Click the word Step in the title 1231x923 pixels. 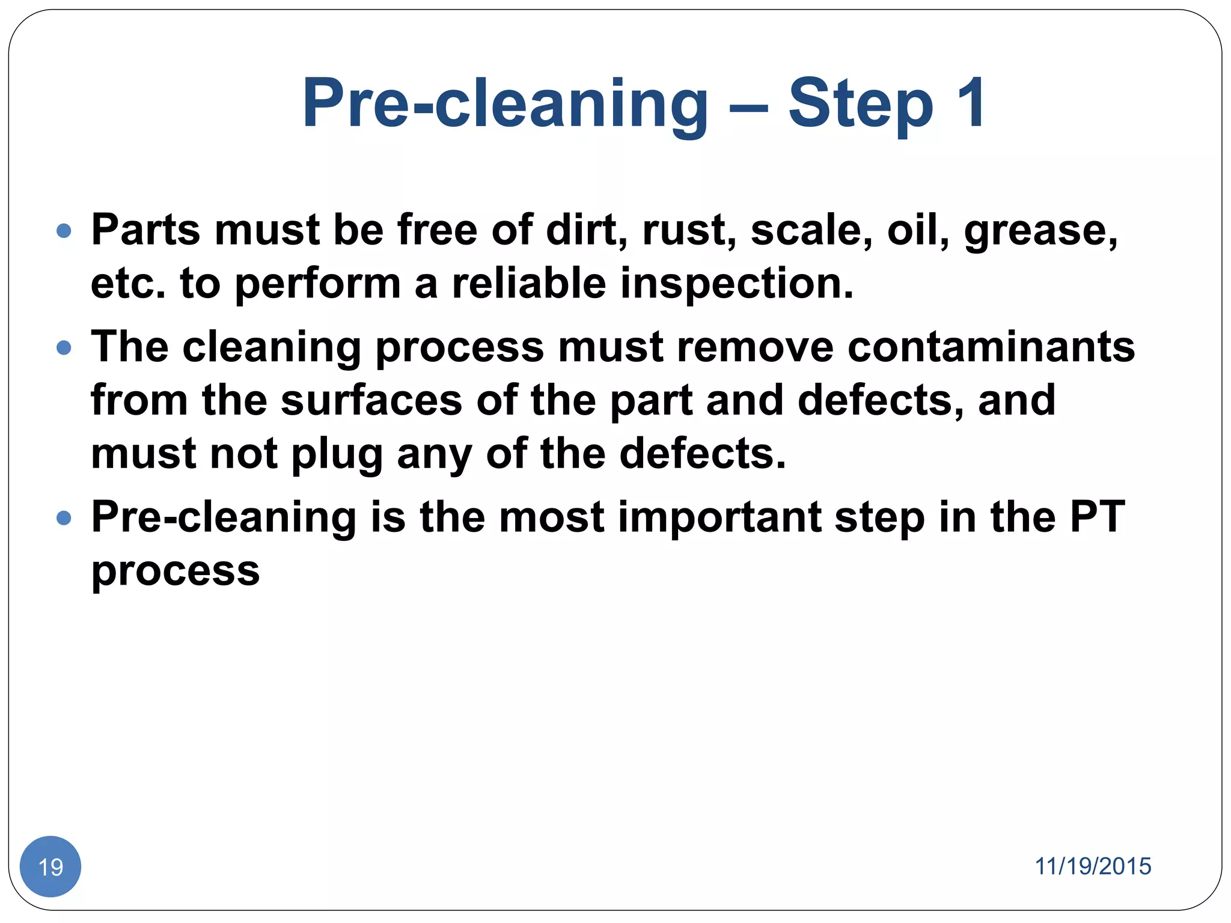pos(861,105)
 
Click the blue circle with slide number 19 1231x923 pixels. pos(50,867)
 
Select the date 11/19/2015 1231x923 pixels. pos(1092,867)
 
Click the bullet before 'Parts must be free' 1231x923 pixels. pos(64,231)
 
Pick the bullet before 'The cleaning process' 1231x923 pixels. pos(64,348)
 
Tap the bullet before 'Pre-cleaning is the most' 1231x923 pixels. pos(64,518)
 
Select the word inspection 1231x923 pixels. pos(736,284)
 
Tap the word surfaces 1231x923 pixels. pos(371,400)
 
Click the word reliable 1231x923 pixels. pos(529,284)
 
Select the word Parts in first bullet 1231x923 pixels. pos(145,230)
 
